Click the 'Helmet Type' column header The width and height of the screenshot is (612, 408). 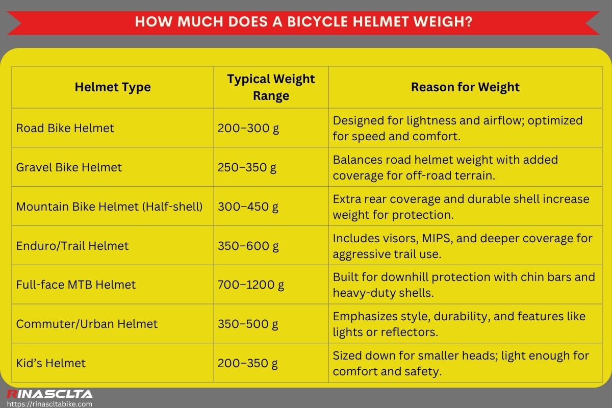(x=113, y=87)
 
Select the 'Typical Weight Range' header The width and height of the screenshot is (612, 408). (x=271, y=87)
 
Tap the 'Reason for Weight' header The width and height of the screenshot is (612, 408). (x=465, y=87)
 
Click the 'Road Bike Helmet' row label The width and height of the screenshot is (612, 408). (x=65, y=128)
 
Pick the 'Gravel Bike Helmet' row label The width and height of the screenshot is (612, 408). (x=69, y=167)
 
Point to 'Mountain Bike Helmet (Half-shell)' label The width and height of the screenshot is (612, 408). (x=110, y=207)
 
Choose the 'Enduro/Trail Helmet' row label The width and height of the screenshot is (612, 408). (x=72, y=246)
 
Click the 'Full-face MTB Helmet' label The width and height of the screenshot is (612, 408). (x=76, y=285)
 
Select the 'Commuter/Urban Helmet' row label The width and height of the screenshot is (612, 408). (x=87, y=324)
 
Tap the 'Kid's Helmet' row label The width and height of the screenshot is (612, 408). (x=51, y=363)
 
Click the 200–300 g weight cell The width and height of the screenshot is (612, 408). (x=248, y=128)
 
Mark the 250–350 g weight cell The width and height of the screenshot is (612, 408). (x=247, y=167)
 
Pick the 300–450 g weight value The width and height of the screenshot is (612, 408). (x=248, y=207)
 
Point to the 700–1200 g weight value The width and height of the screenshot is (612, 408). (x=251, y=285)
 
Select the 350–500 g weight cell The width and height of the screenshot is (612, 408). (x=248, y=324)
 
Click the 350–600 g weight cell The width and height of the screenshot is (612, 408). (x=248, y=246)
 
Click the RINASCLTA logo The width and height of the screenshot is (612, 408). (x=49, y=394)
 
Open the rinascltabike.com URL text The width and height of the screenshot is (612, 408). (x=49, y=403)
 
